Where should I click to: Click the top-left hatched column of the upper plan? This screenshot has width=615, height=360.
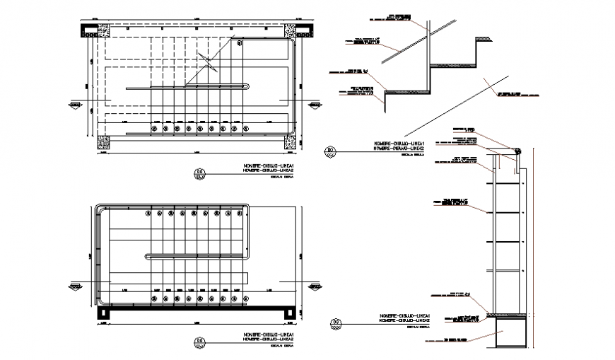91,30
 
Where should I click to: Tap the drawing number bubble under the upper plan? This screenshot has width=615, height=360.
199,172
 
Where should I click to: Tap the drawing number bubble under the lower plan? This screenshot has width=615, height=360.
199,339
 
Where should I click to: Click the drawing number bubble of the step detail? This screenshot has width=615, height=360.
330,150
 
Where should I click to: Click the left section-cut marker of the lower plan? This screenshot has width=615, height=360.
75,286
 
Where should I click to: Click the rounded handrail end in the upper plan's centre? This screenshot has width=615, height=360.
247,87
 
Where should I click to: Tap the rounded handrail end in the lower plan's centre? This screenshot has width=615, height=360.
147,255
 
